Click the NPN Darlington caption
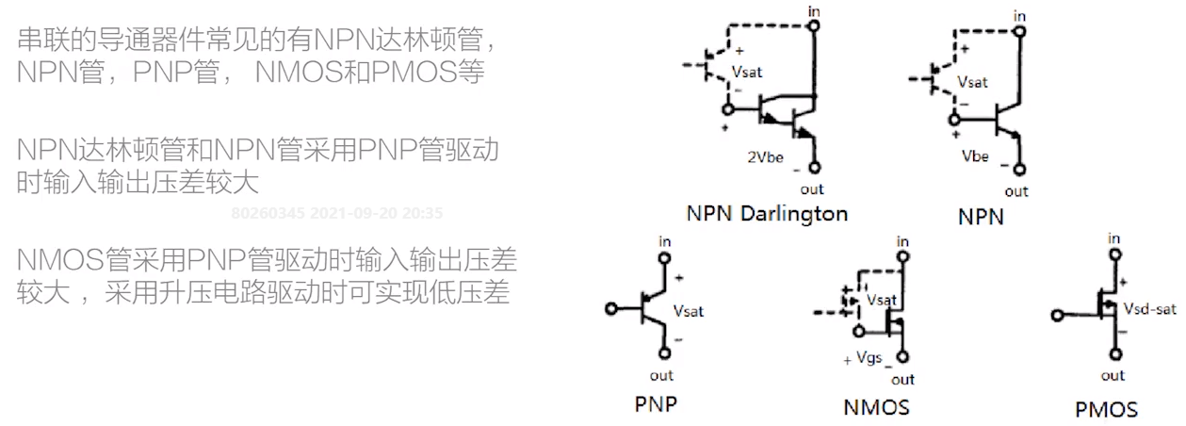(767, 213)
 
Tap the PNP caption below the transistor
(656, 405)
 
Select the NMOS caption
(876, 407)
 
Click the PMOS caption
(1106, 409)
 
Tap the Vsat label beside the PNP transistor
(689, 310)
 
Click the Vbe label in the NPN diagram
(975, 156)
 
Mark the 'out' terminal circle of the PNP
(666, 353)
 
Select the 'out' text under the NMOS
(902, 380)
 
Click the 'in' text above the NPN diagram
(1018, 16)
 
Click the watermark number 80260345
(268, 213)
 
